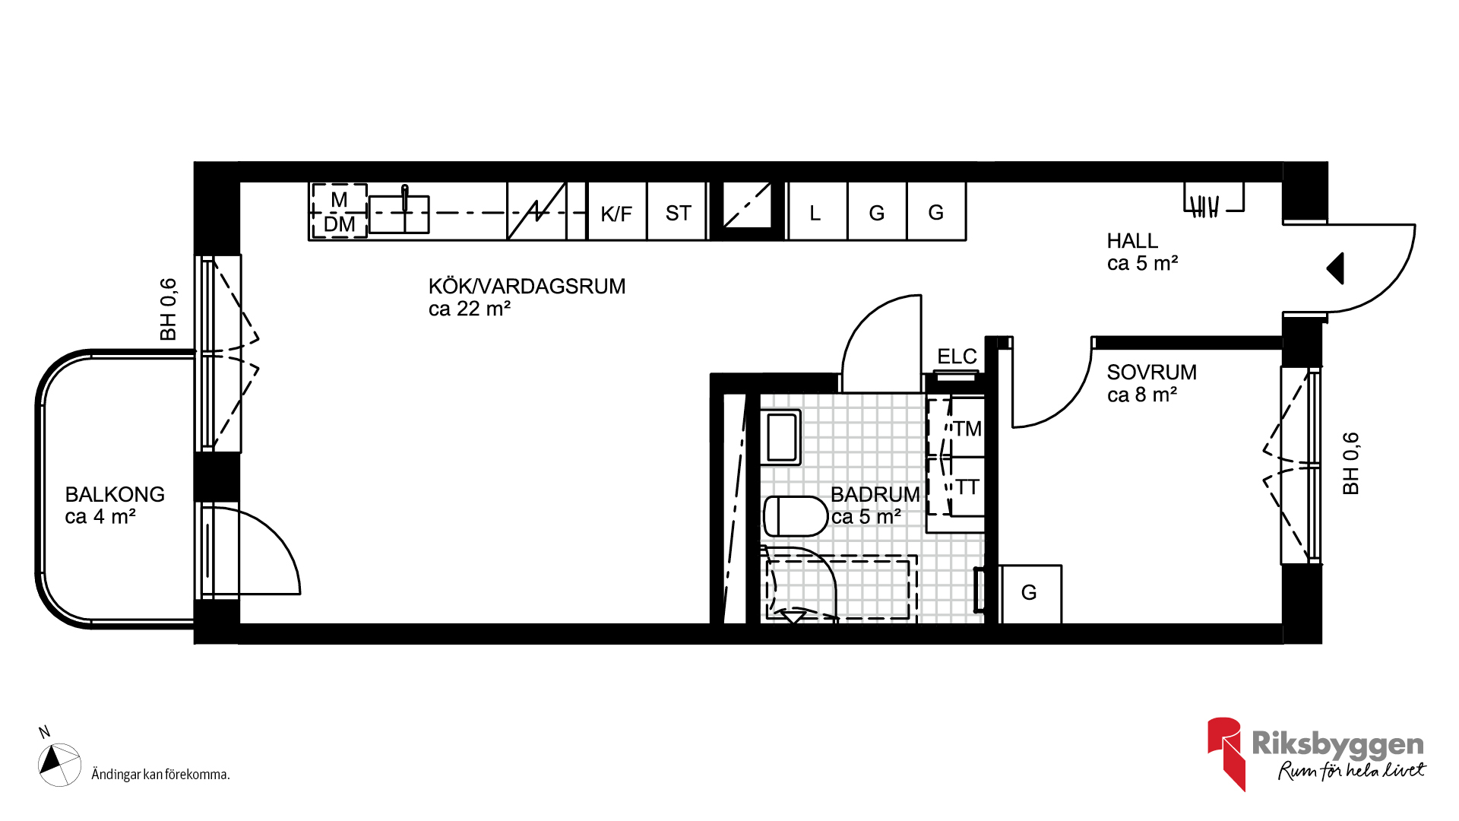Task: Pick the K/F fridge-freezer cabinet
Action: pyautogui.click(x=617, y=212)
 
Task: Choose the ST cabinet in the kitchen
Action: pyautogui.click(x=677, y=212)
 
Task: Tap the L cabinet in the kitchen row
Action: pyautogui.click(x=818, y=212)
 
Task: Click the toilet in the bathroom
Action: pyautogui.click(x=796, y=516)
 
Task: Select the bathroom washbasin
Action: pyautogui.click(x=781, y=437)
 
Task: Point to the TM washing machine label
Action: pyautogui.click(x=967, y=430)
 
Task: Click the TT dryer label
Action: pyautogui.click(x=967, y=487)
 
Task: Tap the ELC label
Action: pyautogui.click(x=957, y=357)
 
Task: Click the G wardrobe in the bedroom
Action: pyautogui.click(x=1030, y=594)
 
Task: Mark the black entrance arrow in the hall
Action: pyautogui.click(x=1336, y=268)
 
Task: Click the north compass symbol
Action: pyautogui.click(x=59, y=764)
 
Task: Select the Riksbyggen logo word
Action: pyautogui.click(x=1337, y=744)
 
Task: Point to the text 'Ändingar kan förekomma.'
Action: pyautogui.click(x=160, y=775)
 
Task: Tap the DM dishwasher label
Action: pyautogui.click(x=339, y=224)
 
